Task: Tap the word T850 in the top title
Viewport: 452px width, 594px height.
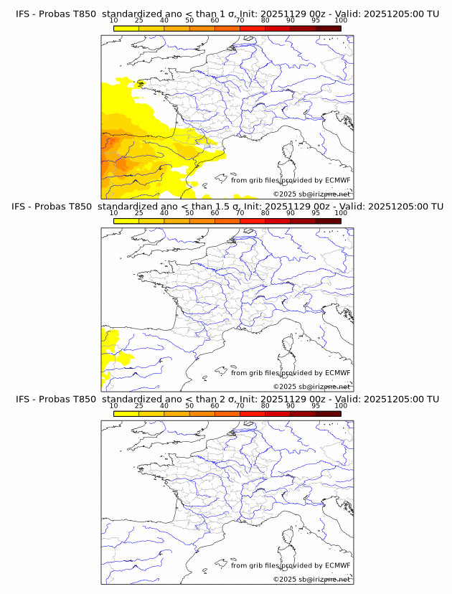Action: click(x=80, y=14)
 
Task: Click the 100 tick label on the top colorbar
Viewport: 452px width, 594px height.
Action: click(x=341, y=21)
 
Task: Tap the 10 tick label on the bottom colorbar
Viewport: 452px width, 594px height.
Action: click(x=113, y=406)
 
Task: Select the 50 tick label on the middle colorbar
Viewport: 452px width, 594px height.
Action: click(x=189, y=213)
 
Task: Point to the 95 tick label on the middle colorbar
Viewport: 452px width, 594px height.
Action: click(x=316, y=213)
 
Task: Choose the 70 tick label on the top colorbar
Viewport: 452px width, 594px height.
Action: click(x=240, y=21)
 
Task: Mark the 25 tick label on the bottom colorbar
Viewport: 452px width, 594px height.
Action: click(x=138, y=406)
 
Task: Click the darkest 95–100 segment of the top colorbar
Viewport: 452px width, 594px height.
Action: click(x=328, y=29)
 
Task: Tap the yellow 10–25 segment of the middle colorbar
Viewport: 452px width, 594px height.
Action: click(x=126, y=221)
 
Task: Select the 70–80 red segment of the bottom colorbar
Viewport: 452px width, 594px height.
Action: click(x=252, y=414)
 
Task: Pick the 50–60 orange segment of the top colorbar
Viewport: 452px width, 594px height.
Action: click(x=202, y=29)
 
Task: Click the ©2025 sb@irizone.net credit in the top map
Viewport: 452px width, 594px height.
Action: click(x=311, y=194)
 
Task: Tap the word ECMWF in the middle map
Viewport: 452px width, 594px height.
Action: click(x=338, y=373)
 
